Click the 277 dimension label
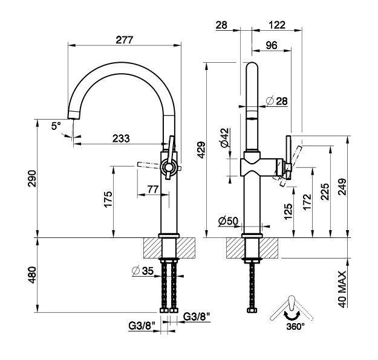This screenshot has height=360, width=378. pyautogui.click(x=124, y=40)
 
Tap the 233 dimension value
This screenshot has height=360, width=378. pyautogui.click(x=121, y=138)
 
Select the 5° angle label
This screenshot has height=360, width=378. pyautogui.click(x=56, y=126)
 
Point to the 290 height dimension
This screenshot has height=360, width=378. pyautogui.click(x=32, y=178)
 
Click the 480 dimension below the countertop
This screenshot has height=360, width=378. pyautogui.click(x=32, y=275)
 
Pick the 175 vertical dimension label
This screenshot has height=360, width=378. pyautogui.click(x=108, y=199)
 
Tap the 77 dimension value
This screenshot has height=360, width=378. pyautogui.click(x=153, y=190)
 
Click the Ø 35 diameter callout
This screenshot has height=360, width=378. pyautogui.click(x=143, y=271)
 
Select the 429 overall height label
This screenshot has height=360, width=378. pyautogui.click(x=201, y=150)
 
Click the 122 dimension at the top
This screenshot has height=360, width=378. pyautogui.click(x=277, y=25)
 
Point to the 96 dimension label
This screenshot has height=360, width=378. pyautogui.click(x=272, y=45)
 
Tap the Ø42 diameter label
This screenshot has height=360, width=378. pyautogui.click(x=224, y=138)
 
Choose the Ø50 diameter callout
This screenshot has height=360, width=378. pyautogui.click(x=228, y=221)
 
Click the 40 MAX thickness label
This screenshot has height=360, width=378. pyautogui.click(x=342, y=289)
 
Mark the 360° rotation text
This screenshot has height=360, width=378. pyautogui.click(x=296, y=326)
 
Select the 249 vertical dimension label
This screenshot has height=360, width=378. pyautogui.click(x=342, y=187)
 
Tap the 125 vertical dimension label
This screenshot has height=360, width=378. pyautogui.click(x=288, y=211)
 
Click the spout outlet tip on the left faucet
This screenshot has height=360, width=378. pyautogui.click(x=73, y=118)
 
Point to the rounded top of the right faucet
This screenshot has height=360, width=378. pyautogui.click(x=252, y=63)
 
